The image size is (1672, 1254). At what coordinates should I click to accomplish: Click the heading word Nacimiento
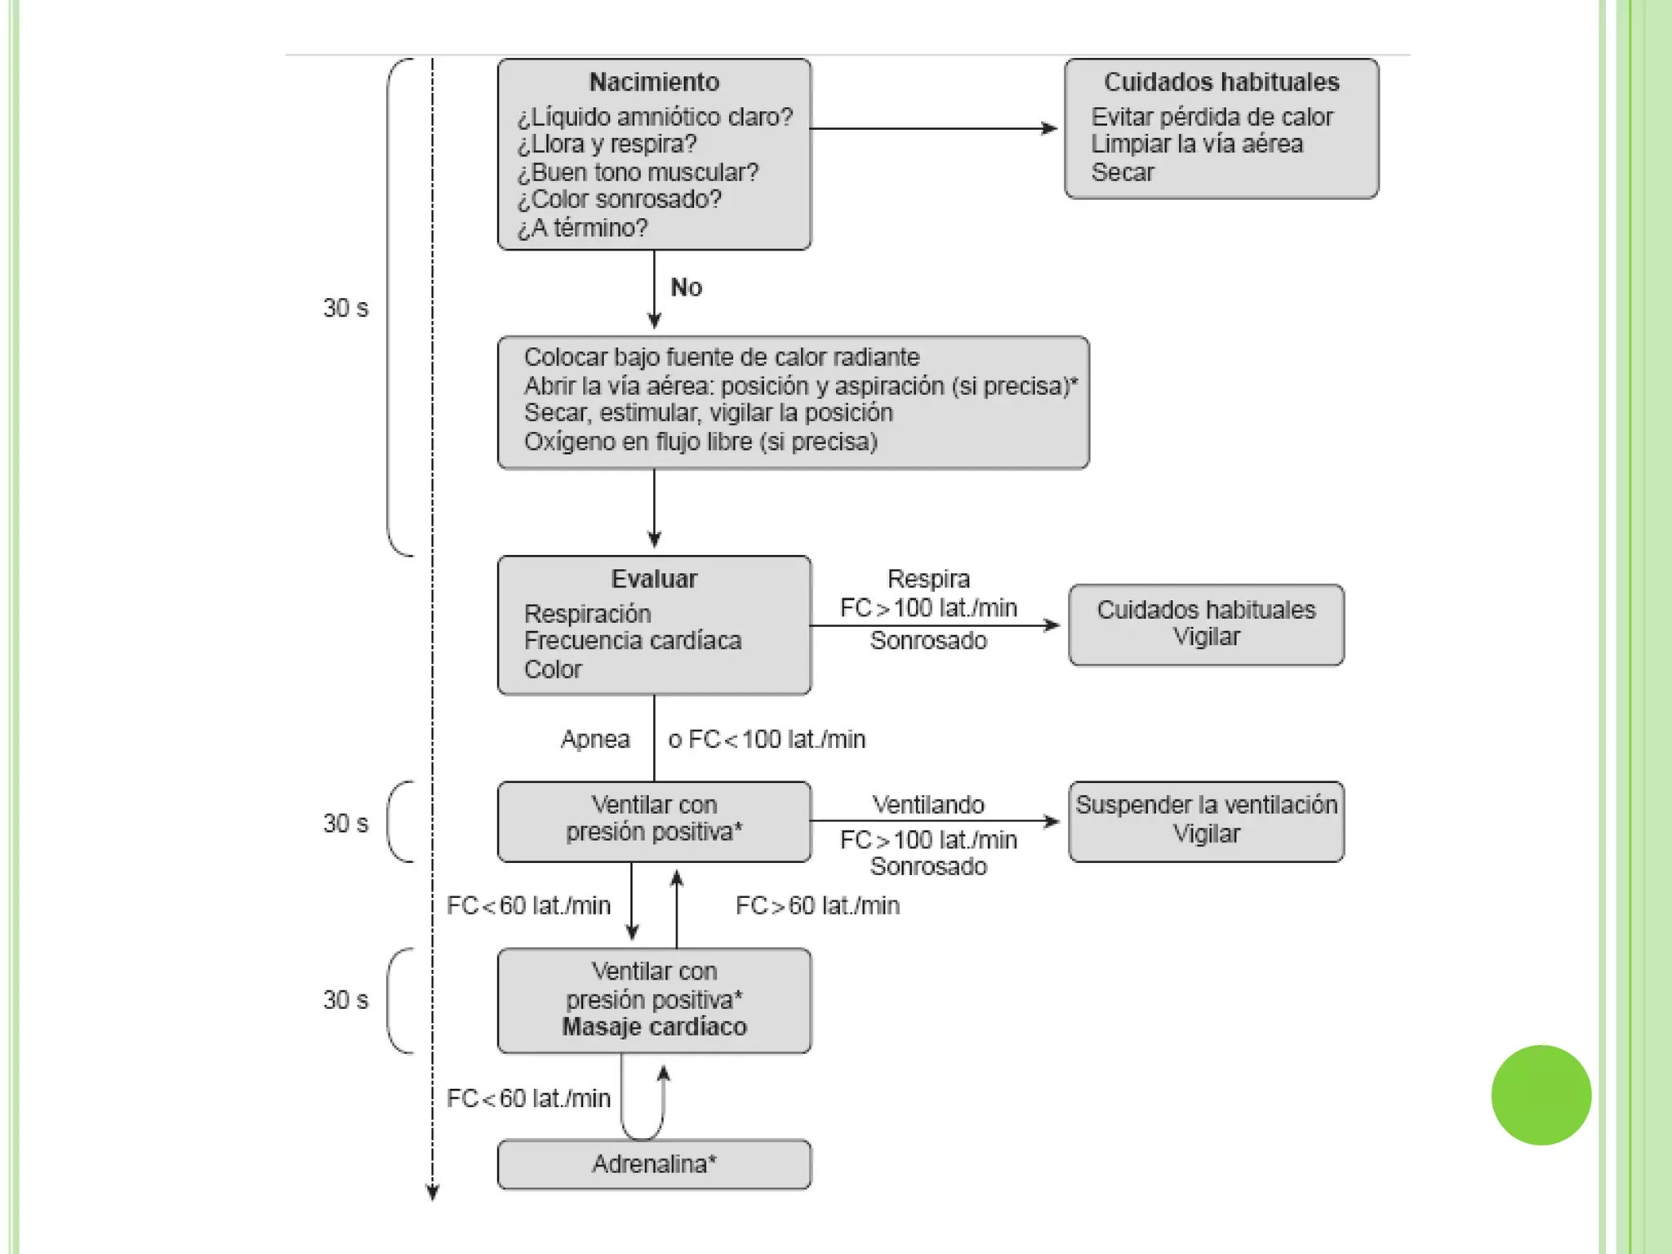pyautogui.click(x=654, y=82)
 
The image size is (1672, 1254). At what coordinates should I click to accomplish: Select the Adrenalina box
pyautogui.click(x=654, y=1163)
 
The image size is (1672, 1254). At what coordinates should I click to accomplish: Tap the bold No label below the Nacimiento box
pyautogui.click(x=686, y=287)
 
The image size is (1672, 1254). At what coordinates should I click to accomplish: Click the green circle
pyautogui.click(x=1541, y=1095)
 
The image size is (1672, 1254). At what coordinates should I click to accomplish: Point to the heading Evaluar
pyautogui.click(x=654, y=579)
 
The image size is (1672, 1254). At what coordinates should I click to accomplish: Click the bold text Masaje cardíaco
pyautogui.click(x=654, y=1027)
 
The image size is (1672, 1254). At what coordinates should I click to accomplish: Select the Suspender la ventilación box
pyautogui.click(x=1206, y=820)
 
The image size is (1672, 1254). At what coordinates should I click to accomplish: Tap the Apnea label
pyautogui.click(x=595, y=740)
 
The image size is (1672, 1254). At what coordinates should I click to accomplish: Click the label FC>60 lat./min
pyautogui.click(x=817, y=905)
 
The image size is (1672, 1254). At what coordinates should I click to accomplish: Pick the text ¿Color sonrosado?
pyautogui.click(x=620, y=199)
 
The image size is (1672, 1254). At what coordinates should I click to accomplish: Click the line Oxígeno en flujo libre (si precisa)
pyautogui.click(x=700, y=442)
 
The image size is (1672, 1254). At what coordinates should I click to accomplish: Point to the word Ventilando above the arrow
pyautogui.click(x=928, y=805)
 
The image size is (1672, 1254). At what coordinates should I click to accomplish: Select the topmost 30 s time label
pyautogui.click(x=345, y=308)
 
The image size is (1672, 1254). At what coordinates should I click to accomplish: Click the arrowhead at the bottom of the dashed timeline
pyautogui.click(x=433, y=1194)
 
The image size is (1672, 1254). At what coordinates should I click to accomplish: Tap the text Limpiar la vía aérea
pyautogui.click(x=1197, y=145)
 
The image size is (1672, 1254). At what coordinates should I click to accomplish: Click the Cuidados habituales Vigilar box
pyautogui.click(x=1206, y=625)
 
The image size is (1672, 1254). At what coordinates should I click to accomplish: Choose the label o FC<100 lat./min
pyautogui.click(x=767, y=740)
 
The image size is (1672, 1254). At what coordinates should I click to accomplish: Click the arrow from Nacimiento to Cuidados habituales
pyautogui.click(x=931, y=128)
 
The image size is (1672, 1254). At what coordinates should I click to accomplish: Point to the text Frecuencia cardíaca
pyautogui.click(x=633, y=641)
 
